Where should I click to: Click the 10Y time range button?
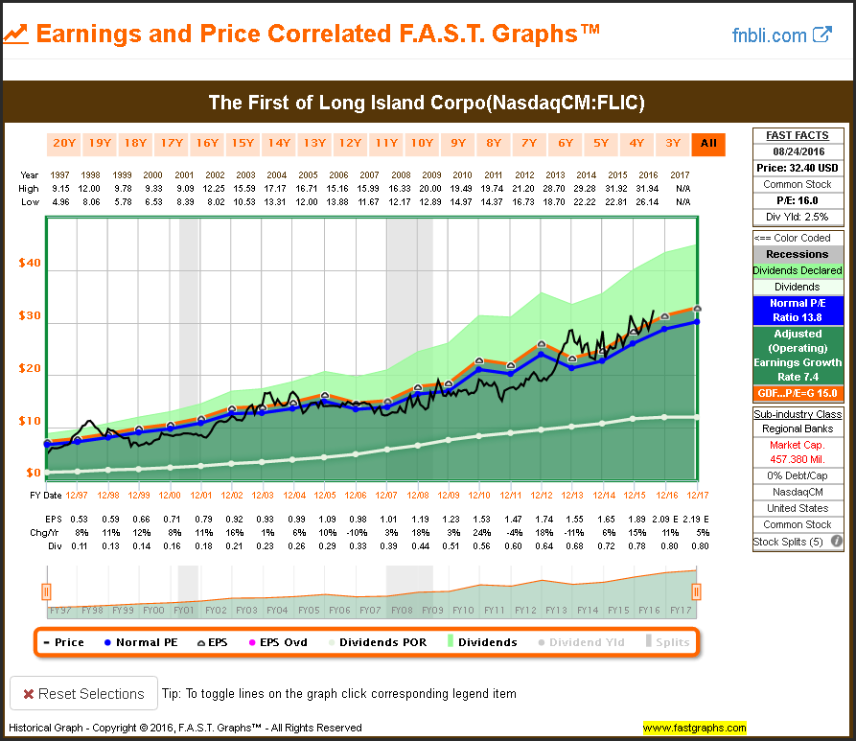tap(422, 144)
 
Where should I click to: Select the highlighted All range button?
tap(708, 144)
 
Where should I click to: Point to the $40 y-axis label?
tap(29, 263)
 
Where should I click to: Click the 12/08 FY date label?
tap(419, 495)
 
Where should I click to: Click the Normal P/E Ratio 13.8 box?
tap(798, 311)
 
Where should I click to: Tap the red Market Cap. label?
tap(798, 445)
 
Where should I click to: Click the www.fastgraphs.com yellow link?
tap(695, 728)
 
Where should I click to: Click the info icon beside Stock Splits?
tap(836, 542)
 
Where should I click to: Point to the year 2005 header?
tap(308, 175)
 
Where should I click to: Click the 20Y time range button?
tap(63, 144)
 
